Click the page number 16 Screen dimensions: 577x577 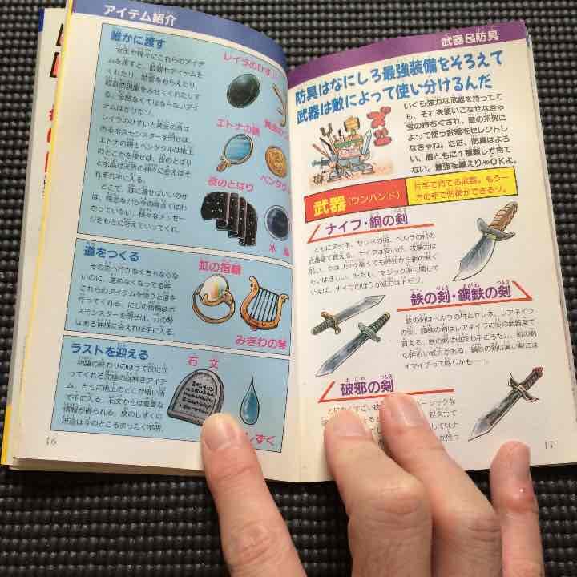pos(51,438)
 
